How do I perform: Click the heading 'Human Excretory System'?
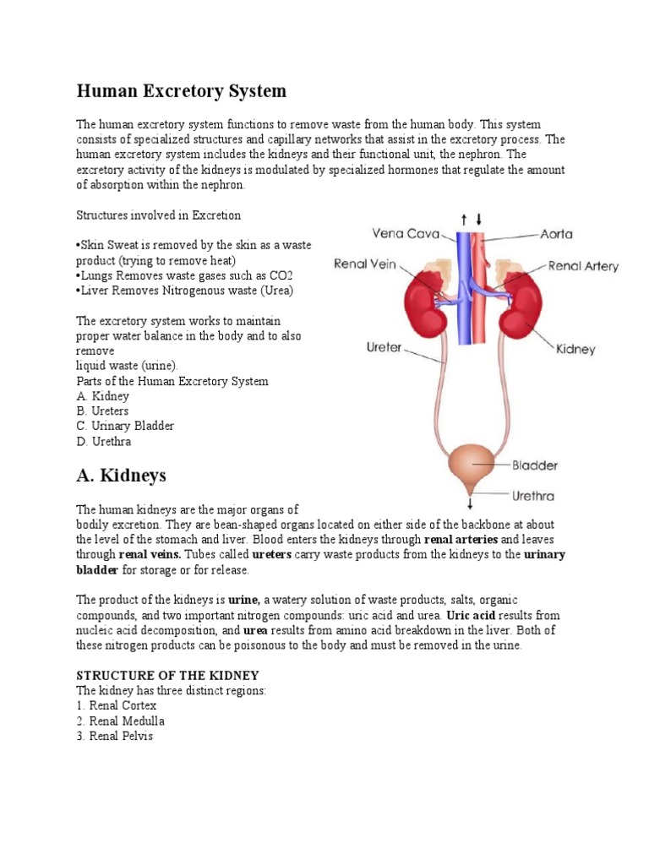click(x=182, y=90)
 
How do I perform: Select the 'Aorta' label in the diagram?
click(x=559, y=232)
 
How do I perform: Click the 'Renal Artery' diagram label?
click(x=583, y=266)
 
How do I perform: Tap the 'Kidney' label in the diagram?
click(x=575, y=348)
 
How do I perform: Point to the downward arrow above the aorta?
click(x=478, y=218)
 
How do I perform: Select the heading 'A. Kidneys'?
click(x=122, y=476)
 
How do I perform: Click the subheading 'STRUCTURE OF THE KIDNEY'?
click(x=167, y=675)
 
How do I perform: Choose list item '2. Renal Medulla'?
click(x=121, y=721)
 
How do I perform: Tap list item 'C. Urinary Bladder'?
click(x=125, y=426)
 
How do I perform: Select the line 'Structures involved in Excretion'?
click(x=159, y=215)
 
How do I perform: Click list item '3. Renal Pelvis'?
click(x=116, y=736)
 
